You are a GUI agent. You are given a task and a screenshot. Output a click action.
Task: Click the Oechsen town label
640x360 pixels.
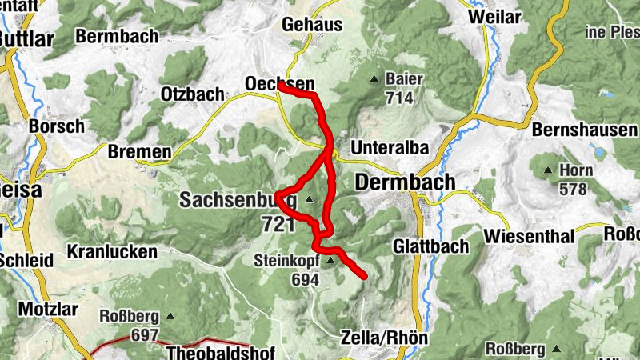click(279, 84)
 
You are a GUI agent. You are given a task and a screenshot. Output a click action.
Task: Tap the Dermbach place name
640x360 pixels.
click(405, 182)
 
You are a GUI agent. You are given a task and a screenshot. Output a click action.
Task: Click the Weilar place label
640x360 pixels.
click(516, 16)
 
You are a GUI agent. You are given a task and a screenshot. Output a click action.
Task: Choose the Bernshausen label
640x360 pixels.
click(585, 130)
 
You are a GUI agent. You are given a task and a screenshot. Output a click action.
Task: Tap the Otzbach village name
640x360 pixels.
click(192, 94)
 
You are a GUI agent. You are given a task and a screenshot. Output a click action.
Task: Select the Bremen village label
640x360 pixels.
click(139, 152)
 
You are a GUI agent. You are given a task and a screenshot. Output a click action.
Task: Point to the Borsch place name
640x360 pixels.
click(56, 126)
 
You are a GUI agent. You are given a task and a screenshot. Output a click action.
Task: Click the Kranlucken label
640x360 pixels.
click(112, 251)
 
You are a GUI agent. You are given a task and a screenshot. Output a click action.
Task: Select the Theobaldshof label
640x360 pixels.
click(220, 353)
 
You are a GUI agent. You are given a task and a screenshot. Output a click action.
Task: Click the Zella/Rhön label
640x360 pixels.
click(384, 337)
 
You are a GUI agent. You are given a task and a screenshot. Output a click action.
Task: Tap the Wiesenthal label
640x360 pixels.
click(529, 237)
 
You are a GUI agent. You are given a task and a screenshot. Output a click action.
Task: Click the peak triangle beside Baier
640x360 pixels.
click(374, 79)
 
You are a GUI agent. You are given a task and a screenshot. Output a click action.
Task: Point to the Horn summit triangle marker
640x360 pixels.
click(548, 170)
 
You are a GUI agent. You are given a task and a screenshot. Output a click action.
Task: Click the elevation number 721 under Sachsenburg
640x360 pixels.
click(278, 224)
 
